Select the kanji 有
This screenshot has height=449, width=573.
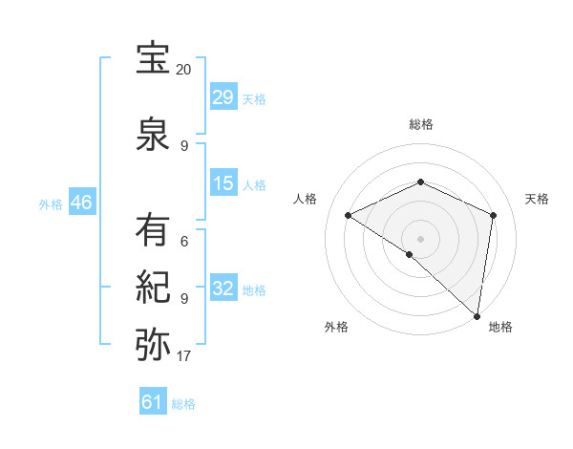point(154,230)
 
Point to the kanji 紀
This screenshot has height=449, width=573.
point(154,286)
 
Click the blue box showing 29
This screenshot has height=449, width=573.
point(223,97)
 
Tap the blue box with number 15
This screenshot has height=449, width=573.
point(223,183)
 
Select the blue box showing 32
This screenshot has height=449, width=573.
point(223,289)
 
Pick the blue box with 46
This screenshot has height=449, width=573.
point(81,203)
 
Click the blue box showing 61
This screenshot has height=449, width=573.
point(153,402)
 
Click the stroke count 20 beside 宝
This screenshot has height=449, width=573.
point(183,70)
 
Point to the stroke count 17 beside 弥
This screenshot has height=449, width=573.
point(183,356)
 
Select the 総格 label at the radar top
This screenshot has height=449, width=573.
point(420,124)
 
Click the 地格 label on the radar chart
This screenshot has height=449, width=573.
point(500,327)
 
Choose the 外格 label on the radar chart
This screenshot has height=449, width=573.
point(336,327)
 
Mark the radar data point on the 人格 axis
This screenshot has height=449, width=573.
point(349,215)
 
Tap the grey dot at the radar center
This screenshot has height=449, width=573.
point(420,238)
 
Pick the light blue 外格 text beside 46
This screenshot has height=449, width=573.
point(50,203)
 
